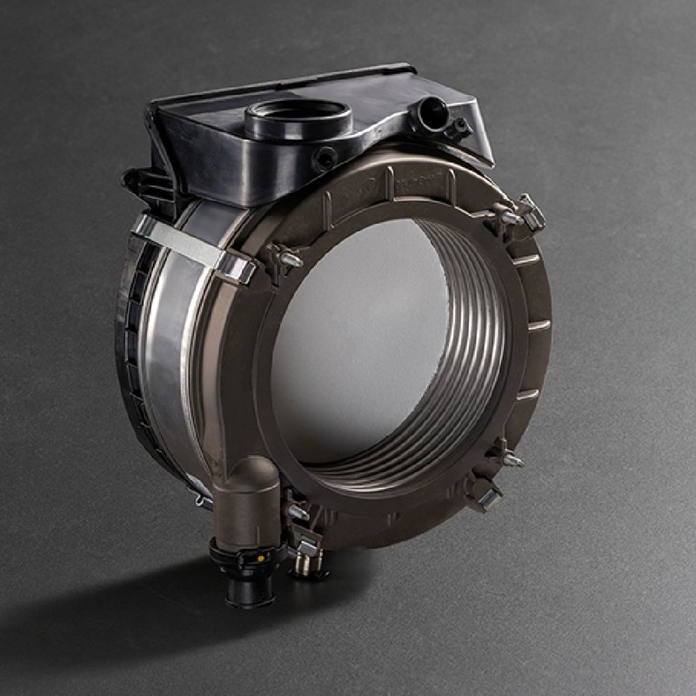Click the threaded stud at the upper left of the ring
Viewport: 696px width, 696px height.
[x=287, y=258]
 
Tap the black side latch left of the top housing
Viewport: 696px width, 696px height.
[x=139, y=183]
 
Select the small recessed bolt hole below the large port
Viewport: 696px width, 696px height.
[x=326, y=159]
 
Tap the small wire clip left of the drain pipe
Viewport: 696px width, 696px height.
[x=203, y=500]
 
